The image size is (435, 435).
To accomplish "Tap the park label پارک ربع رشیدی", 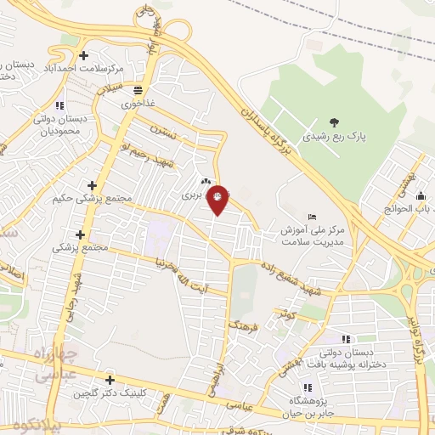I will pyautogui.click(x=330, y=135).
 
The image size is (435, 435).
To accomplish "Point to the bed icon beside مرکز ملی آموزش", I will pyautogui.click(x=313, y=217).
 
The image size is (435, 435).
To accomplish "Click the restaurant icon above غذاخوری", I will pyautogui.click(x=137, y=88).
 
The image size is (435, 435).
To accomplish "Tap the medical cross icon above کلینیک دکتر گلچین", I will pyautogui.click(x=109, y=380).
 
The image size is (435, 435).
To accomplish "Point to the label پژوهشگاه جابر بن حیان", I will pyautogui.click(x=319, y=400).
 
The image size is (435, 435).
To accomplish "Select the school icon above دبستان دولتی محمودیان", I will pyautogui.click(x=59, y=105).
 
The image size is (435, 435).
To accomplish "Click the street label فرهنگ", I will pyautogui.click(x=241, y=322).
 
